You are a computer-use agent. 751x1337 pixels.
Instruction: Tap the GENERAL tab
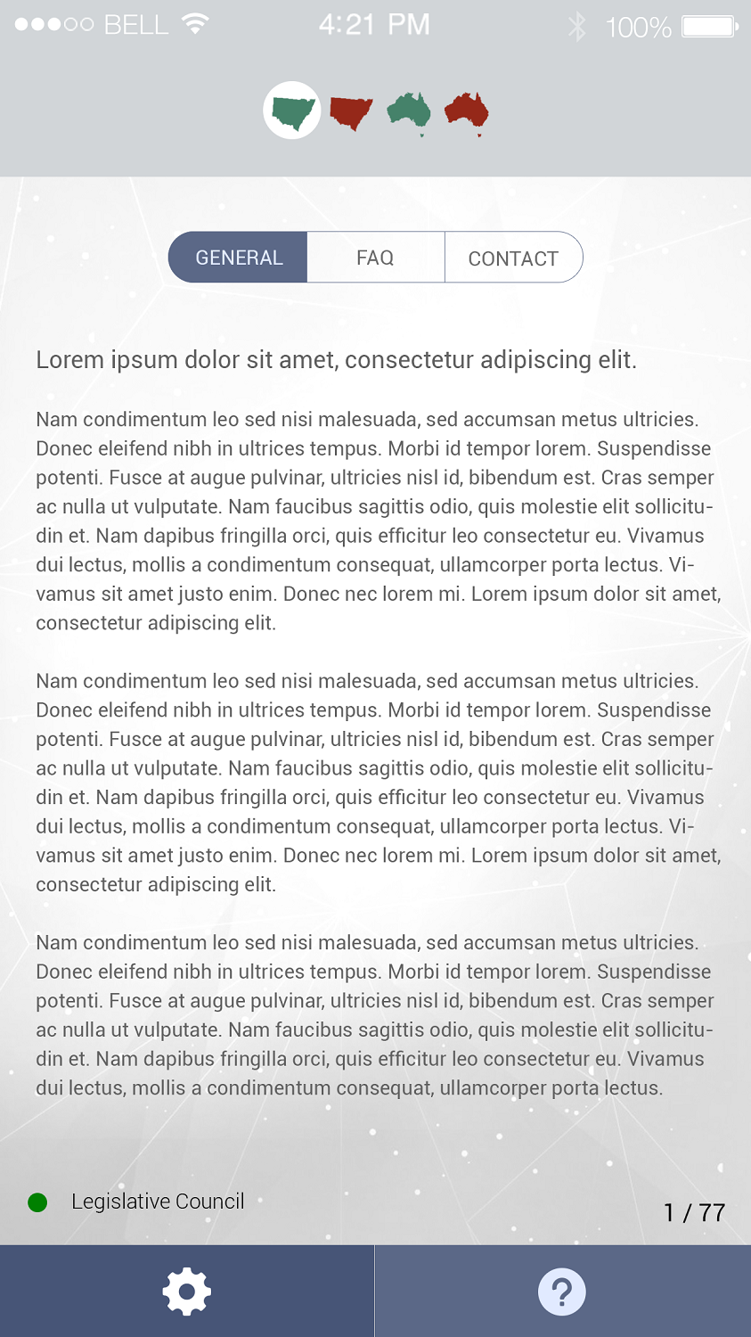pyautogui.click(x=238, y=258)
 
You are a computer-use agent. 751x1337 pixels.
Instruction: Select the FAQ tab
pyautogui.click(x=375, y=258)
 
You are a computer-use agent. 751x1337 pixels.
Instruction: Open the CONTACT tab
pyautogui.click(x=513, y=258)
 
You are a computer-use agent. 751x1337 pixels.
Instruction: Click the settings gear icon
pyautogui.click(x=187, y=1292)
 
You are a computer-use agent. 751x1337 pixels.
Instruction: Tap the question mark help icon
pyautogui.click(x=562, y=1292)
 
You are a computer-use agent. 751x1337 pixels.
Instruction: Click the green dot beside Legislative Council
pyautogui.click(x=37, y=1203)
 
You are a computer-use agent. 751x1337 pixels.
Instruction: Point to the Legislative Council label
pyautogui.click(x=158, y=1202)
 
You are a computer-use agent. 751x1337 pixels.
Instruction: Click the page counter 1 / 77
pyautogui.click(x=694, y=1212)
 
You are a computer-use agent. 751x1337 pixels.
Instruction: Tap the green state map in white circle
pyautogui.click(x=292, y=111)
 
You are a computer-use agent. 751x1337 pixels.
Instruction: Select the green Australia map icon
pyautogui.click(x=409, y=111)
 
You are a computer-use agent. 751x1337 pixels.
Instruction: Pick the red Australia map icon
pyautogui.click(x=467, y=111)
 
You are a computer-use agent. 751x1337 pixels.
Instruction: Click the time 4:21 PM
pyautogui.click(x=374, y=25)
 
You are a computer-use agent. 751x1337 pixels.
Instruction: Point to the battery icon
pyautogui.click(x=709, y=27)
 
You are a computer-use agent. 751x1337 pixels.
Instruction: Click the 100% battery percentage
pyautogui.click(x=638, y=28)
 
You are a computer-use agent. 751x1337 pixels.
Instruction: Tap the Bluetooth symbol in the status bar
pyautogui.click(x=577, y=27)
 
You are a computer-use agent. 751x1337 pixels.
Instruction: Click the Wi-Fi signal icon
pyautogui.click(x=194, y=24)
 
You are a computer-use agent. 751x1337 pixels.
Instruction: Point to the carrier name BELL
pyautogui.click(x=135, y=25)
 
